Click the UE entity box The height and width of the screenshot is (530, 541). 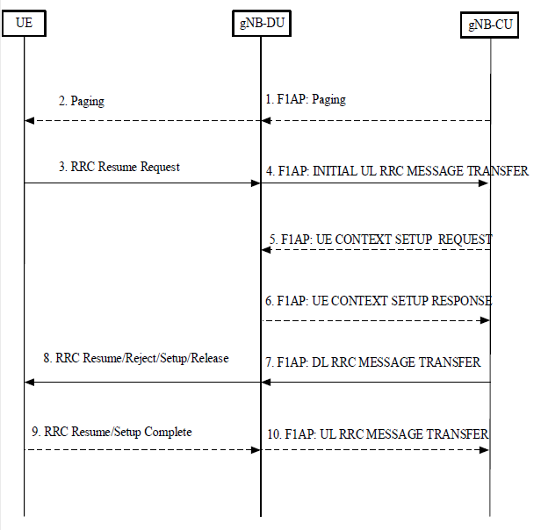coord(24,23)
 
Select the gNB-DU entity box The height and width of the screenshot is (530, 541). coord(262,23)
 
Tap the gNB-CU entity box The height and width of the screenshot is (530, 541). coord(489,25)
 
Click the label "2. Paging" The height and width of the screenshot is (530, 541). coord(82,101)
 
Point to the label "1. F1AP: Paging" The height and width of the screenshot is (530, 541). coord(306,99)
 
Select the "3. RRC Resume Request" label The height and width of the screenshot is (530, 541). coord(119,167)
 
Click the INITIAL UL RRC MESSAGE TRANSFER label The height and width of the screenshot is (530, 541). coord(397,171)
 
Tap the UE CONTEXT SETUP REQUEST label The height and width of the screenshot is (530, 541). coord(381,240)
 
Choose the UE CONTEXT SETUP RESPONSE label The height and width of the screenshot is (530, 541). coord(379,301)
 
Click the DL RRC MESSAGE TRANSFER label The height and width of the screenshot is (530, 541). coord(372,362)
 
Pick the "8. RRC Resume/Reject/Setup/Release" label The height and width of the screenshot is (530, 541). coord(136,358)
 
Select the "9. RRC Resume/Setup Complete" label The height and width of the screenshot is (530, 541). coord(112,432)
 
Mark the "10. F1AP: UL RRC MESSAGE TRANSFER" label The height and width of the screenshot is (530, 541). coord(378,434)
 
